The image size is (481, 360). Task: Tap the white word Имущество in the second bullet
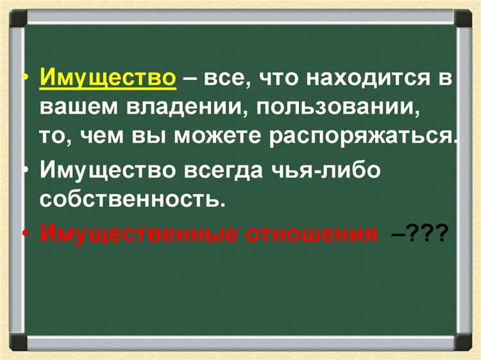coord(108,171)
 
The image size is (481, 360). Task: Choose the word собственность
coord(133,200)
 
